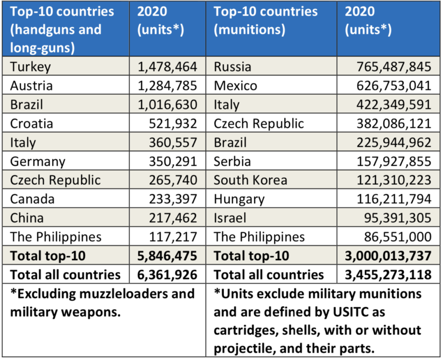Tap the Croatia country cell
[x=32, y=124]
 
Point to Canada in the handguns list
[x=32, y=199]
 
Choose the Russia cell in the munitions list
[x=232, y=67]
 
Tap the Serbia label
[x=232, y=161]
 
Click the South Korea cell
[x=250, y=180]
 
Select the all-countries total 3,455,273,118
[x=388, y=275]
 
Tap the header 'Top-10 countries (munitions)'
[x=266, y=21]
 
